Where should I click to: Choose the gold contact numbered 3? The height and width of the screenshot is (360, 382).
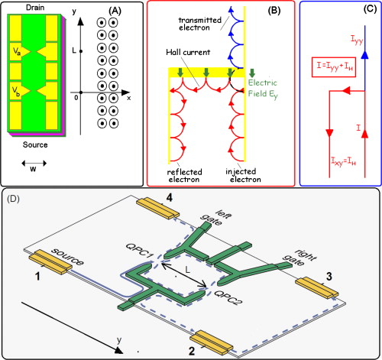coord(315,281)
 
